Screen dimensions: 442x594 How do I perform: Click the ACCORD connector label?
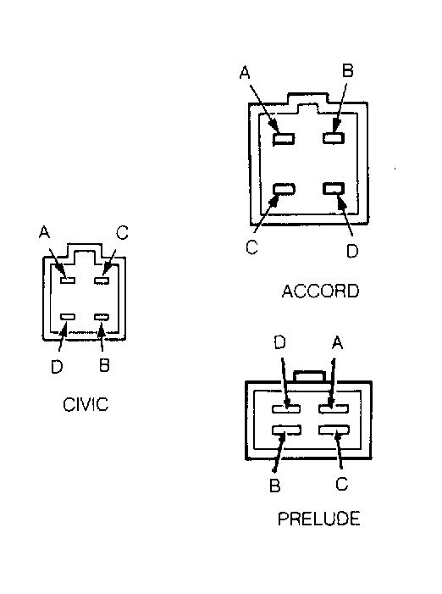(320, 291)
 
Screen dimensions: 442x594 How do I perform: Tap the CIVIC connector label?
(86, 404)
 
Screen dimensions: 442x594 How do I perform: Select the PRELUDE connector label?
(318, 519)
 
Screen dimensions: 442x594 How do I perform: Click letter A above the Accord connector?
(245, 72)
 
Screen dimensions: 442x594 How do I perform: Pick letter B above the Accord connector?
(348, 70)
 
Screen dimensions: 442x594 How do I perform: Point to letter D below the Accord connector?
(352, 251)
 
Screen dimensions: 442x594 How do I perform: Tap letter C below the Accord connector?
(251, 247)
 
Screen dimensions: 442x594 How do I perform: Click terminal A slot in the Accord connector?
(284, 139)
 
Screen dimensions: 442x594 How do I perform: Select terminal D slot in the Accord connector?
(334, 188)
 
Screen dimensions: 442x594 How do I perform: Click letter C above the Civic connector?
(122, 232)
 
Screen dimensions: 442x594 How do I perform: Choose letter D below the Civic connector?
(57, 366)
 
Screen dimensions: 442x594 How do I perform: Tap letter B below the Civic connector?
(104, 365)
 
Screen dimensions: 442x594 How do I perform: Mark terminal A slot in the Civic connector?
(68, 280)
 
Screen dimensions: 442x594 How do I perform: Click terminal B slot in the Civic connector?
(102, 317)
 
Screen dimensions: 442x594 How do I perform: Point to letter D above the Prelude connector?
(279, 342)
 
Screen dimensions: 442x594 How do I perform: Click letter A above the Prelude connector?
(337, 343)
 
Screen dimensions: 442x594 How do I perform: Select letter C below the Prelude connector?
(342, 484)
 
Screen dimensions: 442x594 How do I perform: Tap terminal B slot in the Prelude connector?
(286, 430)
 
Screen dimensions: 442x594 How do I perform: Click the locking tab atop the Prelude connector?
(309, 375)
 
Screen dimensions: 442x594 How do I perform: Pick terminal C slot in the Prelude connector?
(334, 430)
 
